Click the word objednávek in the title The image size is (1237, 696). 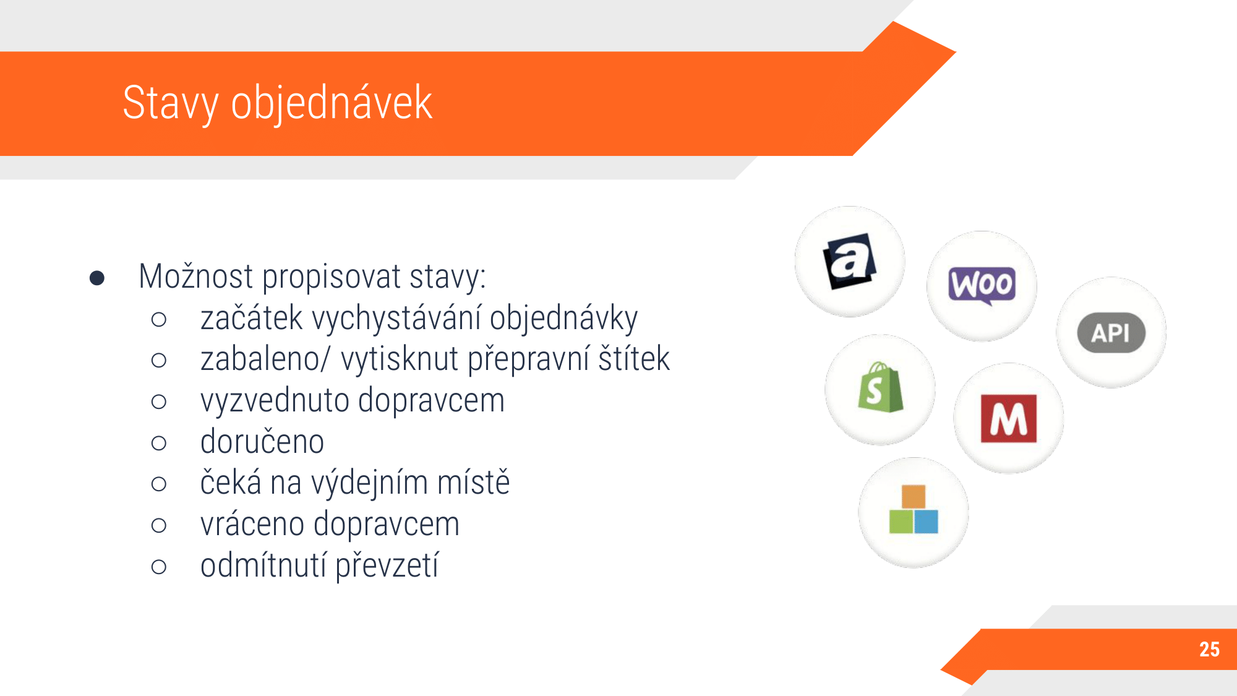tap(332, 103)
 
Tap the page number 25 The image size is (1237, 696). tap(1209, 649)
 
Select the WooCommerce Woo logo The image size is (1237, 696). tap(982, 286)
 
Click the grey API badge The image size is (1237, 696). tap(1111, 333)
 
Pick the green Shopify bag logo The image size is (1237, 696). tap(880, 388)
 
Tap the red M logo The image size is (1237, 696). tap(1009, 419)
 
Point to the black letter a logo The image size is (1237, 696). tap(849, 261)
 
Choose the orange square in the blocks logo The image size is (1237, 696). tap(914, 497)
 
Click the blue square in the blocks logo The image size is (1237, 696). tap(926, 522)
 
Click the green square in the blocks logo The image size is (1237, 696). tap(901, 522)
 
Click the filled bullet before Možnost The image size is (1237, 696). tap(97, 278)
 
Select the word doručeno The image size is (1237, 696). tap(262, 442)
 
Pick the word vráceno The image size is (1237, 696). tap(252, 525)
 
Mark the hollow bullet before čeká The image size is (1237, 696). tap(159, 484)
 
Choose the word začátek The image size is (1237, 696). tap(251, 318)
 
